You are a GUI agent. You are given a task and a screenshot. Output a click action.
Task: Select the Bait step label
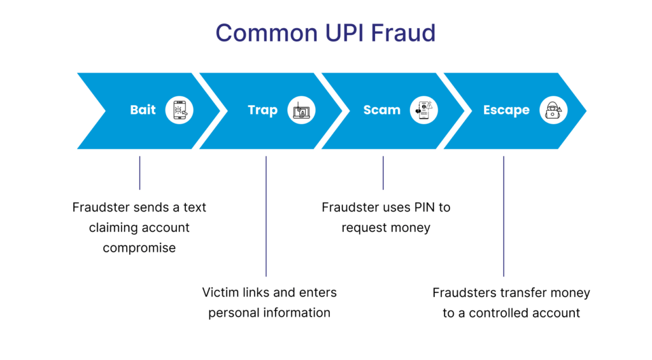click(143, 110)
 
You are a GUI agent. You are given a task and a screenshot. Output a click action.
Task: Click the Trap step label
click(262, 110)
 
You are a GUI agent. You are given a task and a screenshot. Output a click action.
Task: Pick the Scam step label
click(381, 110)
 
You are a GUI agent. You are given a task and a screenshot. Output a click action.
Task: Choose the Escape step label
click(506, 110)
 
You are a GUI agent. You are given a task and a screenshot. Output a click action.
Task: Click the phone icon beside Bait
click(179, 110)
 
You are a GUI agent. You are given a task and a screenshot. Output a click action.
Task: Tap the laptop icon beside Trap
click(301, 110)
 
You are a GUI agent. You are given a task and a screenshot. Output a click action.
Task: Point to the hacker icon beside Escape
click(553, 110)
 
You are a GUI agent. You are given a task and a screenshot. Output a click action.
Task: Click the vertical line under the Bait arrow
click(139, 173)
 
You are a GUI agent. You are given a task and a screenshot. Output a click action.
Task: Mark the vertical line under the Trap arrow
click(266, 216)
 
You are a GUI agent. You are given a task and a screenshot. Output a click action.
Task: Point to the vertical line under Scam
click(383, 173)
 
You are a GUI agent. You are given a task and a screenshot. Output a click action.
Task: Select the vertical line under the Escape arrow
click(504, 216)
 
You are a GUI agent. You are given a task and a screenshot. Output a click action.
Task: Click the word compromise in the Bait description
click(139, 248)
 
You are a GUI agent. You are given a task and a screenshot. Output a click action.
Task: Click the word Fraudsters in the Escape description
click(464, 292)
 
